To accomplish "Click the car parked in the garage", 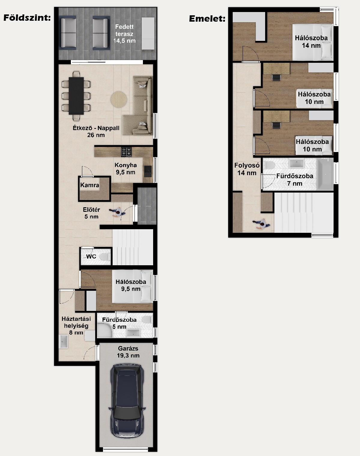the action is [127, 400].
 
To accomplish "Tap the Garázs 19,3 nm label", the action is [128, 352].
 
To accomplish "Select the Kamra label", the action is [89, 185].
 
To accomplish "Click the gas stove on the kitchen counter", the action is [126, 152].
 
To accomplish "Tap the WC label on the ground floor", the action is [91, 257].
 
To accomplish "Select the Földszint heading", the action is [27, 18].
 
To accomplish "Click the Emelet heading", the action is [207, 19].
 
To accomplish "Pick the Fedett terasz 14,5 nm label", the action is [124, 34].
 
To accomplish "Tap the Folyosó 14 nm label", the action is [247, 169].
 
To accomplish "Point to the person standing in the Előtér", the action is [117, 212].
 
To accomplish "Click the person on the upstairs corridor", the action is [262, 224].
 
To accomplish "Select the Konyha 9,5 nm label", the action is [126, 169].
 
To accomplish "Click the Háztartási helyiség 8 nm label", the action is [76, 325].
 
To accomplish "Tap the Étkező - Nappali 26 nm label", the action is [96, 131].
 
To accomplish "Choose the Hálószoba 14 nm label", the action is [311, 41].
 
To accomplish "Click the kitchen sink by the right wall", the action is [148, 171].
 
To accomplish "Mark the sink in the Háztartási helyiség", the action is [63, 342].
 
